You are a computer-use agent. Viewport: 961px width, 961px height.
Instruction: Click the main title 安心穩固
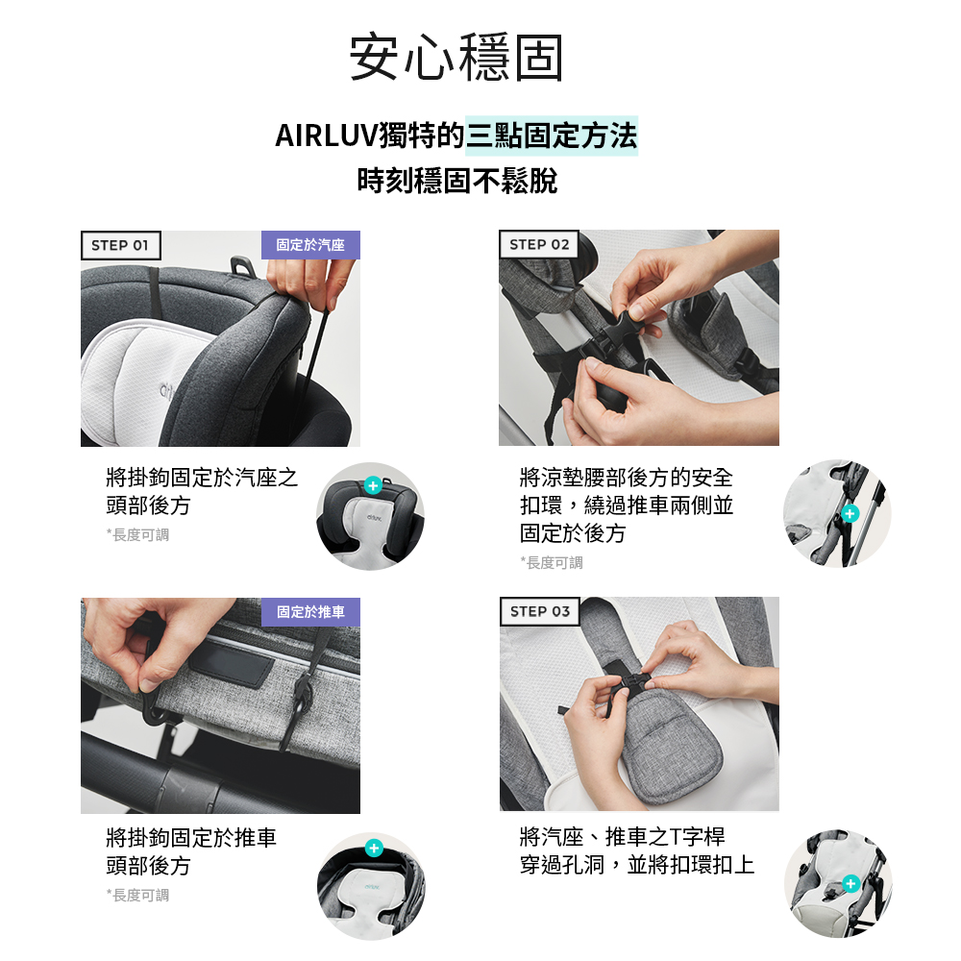coord(456,59)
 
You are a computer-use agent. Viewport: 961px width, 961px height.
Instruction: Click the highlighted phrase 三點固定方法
coord(551,136)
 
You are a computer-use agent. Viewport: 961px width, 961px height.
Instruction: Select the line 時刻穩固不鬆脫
coord(456,181)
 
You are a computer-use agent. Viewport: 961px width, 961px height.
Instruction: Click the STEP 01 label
coord(120,245)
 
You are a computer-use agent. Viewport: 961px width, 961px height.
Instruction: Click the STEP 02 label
coord(539,244)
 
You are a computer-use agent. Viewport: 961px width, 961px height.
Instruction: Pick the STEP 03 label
coord(539,611)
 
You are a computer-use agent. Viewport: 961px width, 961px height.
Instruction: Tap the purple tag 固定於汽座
coord(310,245)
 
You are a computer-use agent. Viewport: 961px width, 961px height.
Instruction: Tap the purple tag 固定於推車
coord(310,612)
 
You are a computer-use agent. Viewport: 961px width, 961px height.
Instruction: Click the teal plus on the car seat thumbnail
coord(374,482)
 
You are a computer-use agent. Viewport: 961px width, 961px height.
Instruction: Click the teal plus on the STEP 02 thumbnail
coord(849,514)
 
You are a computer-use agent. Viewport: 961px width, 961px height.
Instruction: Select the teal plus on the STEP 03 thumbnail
coord(850,883)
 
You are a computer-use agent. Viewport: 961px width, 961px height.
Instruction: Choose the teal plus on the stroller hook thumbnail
coord(374,848)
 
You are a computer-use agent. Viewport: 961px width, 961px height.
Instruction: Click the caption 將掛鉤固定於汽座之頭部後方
coord(202,491)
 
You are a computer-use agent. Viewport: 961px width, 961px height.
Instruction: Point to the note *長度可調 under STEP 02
coord(552,562)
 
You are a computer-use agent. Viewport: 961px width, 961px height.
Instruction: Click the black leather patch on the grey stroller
coord(231,663)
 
